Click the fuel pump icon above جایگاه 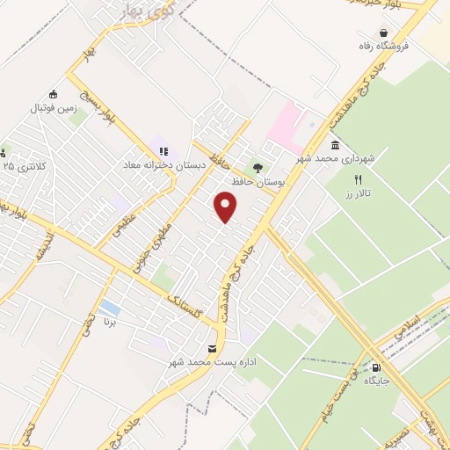click(x=377, y=368)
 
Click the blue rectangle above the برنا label click(x=110, y=308)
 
